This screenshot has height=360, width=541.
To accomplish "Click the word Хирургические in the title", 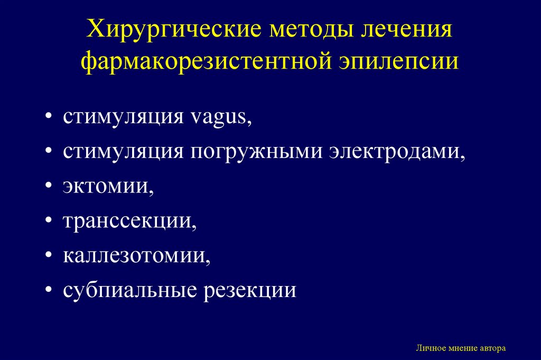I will pyautogui.click(x=175, y=30).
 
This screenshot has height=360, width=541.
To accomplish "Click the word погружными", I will pyautogui.click(x=255, y=152).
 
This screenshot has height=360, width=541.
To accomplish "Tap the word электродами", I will pyautogui.click(x=397, y=152).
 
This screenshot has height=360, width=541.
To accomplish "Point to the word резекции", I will pyautogui.click(x=250, y=291).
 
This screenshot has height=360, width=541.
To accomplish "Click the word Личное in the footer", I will pyautogui.click(x=430, y=348).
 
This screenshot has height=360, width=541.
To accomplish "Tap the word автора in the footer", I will pyautogui.click(x=493, y=348).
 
